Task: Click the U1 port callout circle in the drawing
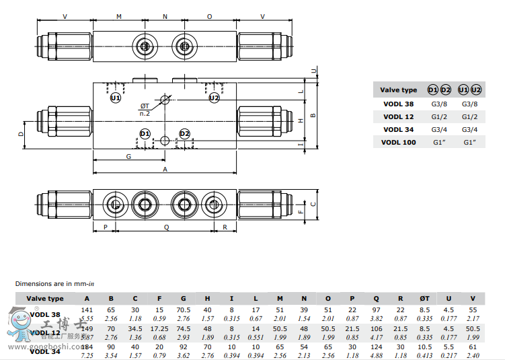pos(115,98)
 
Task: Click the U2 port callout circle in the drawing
pos(214,98)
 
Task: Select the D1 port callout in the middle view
pos(145,134)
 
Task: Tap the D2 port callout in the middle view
pos(185,134)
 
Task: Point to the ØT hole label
pos(145,106)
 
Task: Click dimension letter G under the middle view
pos(128,156)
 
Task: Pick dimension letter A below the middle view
pos(165,170)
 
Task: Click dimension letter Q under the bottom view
pos(166,227)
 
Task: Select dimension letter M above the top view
pos(119,15)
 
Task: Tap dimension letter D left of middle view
pos(21,133)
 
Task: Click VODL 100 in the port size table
pos(399,142)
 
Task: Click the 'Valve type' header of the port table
pos(399,90)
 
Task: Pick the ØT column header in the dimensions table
pos(424,299)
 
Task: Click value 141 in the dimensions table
pos(87,310)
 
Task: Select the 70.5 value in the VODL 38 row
pos(184,310)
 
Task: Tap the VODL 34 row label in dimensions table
pos(46,351)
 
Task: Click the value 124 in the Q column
pos(376,347)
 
